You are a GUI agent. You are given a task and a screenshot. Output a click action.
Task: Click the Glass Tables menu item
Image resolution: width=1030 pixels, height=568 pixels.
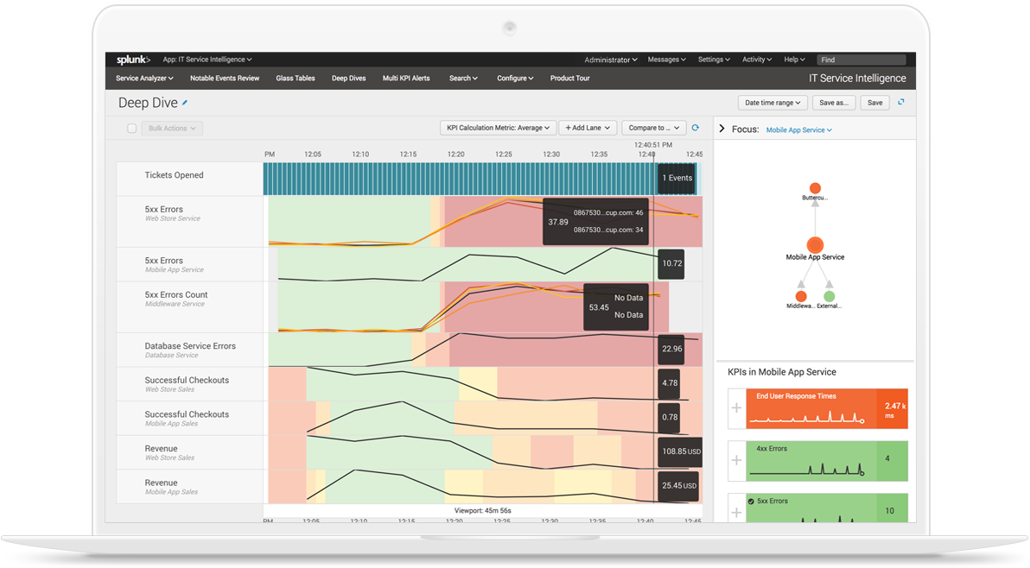296,79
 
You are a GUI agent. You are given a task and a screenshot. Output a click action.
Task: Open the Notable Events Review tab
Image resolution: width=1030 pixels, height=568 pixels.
225,79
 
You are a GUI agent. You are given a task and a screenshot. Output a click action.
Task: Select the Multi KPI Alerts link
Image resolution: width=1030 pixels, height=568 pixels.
406,79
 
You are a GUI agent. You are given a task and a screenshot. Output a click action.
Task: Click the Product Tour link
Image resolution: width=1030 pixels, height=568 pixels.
569,79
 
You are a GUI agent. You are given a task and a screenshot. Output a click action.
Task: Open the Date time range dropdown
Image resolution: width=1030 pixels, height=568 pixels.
772,103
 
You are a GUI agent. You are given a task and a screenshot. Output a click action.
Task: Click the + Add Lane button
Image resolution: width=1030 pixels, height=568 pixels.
587,128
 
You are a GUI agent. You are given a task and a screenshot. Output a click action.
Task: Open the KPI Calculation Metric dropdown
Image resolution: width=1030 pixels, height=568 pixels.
498,128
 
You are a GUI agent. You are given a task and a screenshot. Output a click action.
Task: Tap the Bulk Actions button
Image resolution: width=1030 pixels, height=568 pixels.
172,129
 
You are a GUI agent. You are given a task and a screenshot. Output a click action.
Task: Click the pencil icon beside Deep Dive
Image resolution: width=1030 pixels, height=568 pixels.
185,103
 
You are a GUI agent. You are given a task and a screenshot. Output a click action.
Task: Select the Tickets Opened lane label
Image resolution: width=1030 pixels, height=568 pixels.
174,175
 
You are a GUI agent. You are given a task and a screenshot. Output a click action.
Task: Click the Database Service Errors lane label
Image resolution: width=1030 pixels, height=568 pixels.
190,346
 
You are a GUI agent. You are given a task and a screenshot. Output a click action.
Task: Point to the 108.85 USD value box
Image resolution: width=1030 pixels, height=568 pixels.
679,451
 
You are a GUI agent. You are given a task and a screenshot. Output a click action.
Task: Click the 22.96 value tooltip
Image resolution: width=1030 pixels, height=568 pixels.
671,349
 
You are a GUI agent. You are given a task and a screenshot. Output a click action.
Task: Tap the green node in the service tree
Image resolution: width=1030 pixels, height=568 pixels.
830,296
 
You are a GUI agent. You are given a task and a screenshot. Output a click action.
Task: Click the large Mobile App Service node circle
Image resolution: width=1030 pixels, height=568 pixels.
815,245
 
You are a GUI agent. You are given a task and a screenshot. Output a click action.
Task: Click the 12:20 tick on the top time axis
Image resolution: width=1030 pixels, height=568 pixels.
455,155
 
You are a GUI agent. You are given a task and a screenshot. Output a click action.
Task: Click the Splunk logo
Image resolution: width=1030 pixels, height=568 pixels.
133,60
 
